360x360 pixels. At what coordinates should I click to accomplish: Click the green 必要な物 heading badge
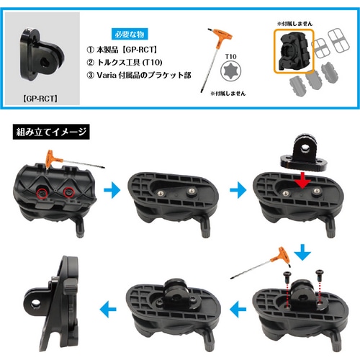coord(130,35)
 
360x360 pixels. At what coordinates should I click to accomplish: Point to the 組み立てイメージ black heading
coord(50,132)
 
